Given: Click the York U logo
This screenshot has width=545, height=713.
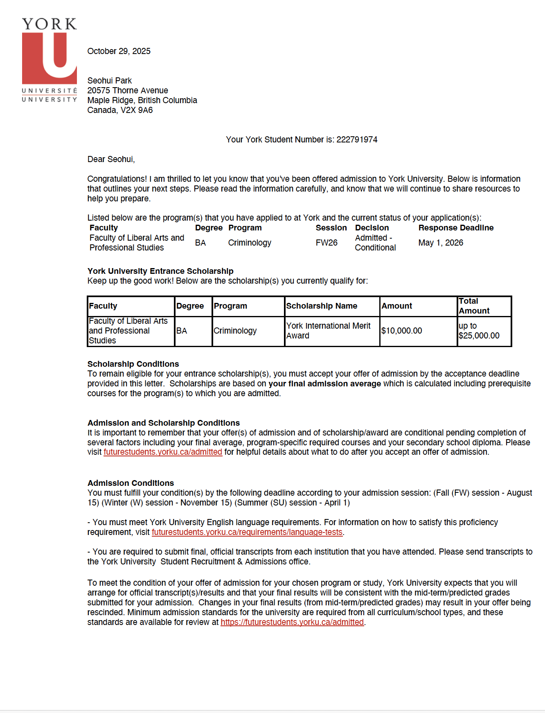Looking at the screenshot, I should (49, 59).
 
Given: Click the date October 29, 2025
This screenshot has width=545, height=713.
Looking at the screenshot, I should (119, 51).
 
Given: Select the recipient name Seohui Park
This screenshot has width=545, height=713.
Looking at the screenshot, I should (109, 81).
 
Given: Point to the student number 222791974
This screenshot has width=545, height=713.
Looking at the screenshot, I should (357, 140).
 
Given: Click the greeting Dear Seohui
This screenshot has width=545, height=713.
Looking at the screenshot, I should (111, 159).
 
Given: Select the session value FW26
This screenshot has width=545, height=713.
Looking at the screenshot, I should (327, 243).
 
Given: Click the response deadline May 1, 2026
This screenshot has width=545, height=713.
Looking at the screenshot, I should (441, 243).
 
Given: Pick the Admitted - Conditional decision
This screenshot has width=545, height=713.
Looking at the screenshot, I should (375, 243).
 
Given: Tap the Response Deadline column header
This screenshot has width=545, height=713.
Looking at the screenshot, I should (456, 228).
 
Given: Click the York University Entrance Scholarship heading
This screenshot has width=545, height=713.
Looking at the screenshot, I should (160, 271).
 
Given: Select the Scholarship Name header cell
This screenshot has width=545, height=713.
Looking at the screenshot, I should (322, 306).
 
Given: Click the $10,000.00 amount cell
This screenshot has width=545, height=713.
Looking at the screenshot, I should (401, 331).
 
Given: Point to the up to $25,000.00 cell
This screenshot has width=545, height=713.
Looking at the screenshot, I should (479, 331).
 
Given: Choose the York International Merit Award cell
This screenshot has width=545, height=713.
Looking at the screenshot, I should (328, 331).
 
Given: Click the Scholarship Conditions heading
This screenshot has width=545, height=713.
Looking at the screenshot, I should (133, 364).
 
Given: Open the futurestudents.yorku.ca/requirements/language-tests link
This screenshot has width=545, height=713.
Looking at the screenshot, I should (247, 532).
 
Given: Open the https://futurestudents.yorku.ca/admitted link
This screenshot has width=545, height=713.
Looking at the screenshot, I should (292, 622).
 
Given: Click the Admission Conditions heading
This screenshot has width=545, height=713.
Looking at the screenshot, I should (131, 483).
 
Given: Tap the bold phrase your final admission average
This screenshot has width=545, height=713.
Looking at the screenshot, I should (324, 384).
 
